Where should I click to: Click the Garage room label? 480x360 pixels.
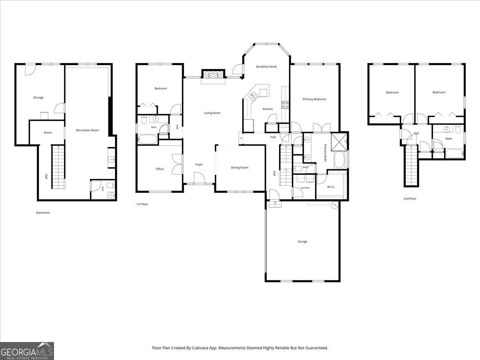pyautogui.click(x=302, y=242)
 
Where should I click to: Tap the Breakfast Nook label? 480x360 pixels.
pyautogui.click(x=266, y=67)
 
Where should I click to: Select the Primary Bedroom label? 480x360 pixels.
pyautogui.click(x=314, y=99)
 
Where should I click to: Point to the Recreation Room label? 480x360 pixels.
pyautogui.click(x=88, y=130)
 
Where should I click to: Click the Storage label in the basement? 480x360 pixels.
pyautogui.click(x=38, y=98)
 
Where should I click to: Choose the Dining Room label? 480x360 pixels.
pyautogui.click(x=240, y=168)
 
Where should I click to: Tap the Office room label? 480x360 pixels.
pyautogui.click(x=160, y=169)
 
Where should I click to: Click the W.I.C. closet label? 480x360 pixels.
pyautogui.click(x=331, y=187)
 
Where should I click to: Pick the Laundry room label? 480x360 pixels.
pyautogui.click(x=305, y=188)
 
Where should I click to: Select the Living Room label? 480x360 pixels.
pyautogui.click(x=212, y=113)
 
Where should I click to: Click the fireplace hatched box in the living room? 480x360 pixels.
pyautogui.click(x=213, y=74)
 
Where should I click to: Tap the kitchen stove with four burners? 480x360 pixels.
pyautogui.click(x=285, y=105)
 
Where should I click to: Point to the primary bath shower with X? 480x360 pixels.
pyautogui.click(x=339, y=142)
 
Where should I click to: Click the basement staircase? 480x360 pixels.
pyautogui.click(x=58, y=167)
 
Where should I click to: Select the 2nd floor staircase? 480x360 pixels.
pyautogui.click(x=411, y=166)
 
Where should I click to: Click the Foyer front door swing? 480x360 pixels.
pyautogui.click(x=200, y=178)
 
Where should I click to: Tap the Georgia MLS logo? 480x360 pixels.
pyautogui.click(x=27, y=351)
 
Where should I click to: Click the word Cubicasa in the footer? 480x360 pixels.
pyautogui.click(x=200, y=348)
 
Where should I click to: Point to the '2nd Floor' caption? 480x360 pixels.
pyautogui.click(x=410, y=199)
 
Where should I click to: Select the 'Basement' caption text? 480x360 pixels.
pyautogui.click(x=43, y=213)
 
